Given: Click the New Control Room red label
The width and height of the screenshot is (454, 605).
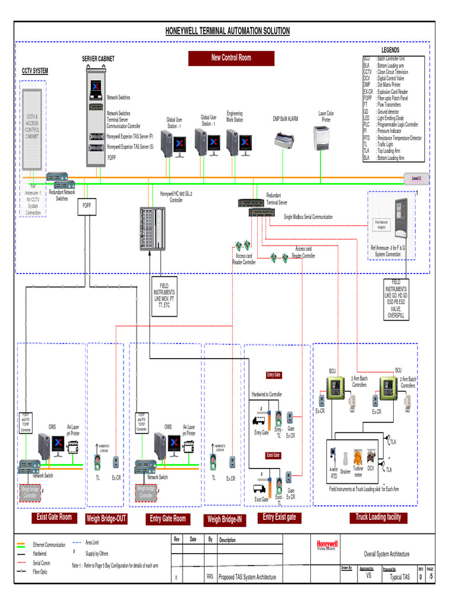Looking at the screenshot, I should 231,58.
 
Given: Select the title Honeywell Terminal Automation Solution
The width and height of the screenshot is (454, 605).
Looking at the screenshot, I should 227,31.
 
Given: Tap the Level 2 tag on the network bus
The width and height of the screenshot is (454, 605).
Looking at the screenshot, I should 416,178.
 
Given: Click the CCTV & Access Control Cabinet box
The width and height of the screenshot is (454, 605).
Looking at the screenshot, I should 33,127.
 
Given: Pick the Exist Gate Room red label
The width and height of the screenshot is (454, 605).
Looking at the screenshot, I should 54,518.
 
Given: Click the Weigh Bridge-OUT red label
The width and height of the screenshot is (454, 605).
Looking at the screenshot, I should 106,519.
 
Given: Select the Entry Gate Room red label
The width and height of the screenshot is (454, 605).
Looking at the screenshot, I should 168,519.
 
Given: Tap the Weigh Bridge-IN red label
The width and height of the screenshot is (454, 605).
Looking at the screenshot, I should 223,520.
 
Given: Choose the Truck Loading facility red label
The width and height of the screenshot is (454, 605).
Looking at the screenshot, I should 378,517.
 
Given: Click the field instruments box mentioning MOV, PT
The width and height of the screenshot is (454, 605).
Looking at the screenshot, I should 164,295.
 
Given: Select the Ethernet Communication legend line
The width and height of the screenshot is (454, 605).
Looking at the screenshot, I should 21,545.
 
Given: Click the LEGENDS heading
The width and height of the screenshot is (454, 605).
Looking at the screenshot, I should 390,51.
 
